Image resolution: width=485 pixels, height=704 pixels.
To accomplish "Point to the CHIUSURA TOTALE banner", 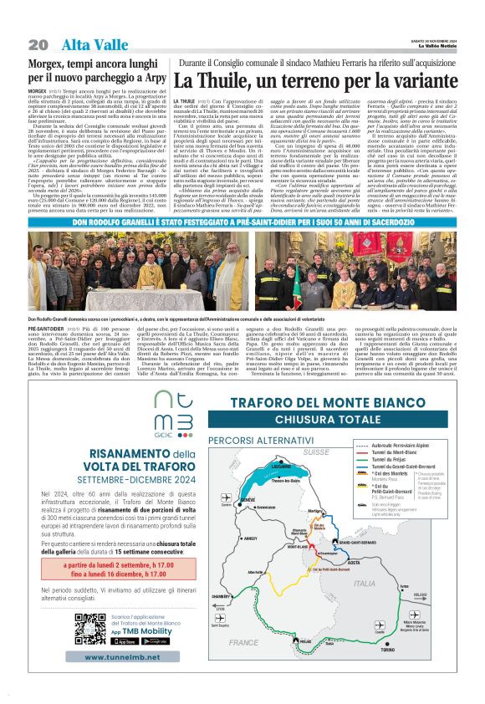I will click(334, 419).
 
